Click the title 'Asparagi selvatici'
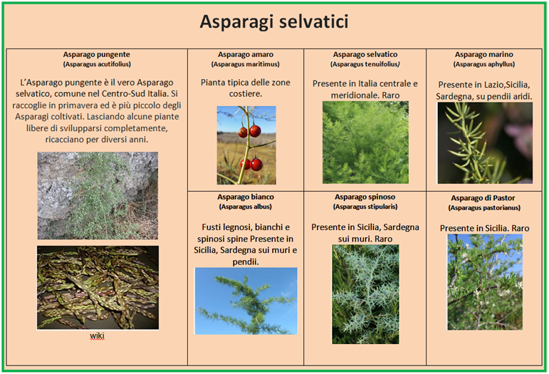pyautogui.click(x=274, y=21)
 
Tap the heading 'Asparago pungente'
pyautogui.click(x=97, y=55)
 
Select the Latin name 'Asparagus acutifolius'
pyautogui.click(x=97, y=64)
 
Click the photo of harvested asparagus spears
pyautogui.click(x=98, y=288)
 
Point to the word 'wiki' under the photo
pyautogui.click(x=97, y=336)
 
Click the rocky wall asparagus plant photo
pyautogui.click(x=98, y=195)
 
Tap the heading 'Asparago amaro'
pyautogui.click(x=246, y=55)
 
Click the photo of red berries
pyautogui.click(x=246, y=145)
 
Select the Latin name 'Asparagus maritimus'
pyautogui.click(x=246, y=64)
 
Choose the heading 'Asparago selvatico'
pyautogui.click(x=365, y=55)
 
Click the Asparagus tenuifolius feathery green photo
pyautogui.click(x=365, y=142)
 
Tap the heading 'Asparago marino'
pyautogui.click(x=484, y=55)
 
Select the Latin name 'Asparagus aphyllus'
pyautogui.click(x=484, y=64)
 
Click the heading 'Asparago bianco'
pyautogui.click(x=246, y=197)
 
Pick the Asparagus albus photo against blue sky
pyautogui.click(x=246, y=301)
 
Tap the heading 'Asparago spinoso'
pyautogui.click(x=365, y=197)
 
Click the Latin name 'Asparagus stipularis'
pyautogui.click(x=365, y=207)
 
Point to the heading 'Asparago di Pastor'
pyautogui.click(x=483, y=198)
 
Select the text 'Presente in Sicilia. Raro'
pyautogui.click(x=485, y=229)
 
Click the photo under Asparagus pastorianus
pyautogui.click(x=485, y=282)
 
